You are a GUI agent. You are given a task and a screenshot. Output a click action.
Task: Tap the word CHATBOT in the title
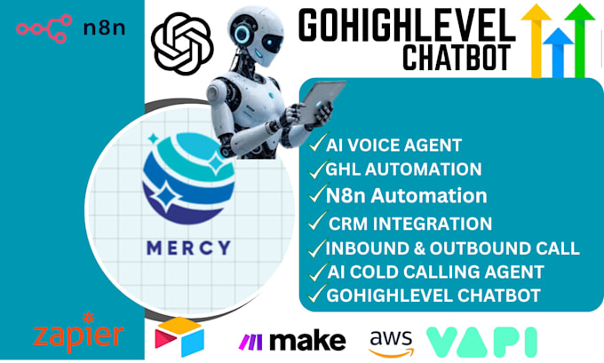point(456,57)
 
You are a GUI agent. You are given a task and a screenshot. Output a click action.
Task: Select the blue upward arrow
point(559,48)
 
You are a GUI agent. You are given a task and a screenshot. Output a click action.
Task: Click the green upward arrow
point(582,36)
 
